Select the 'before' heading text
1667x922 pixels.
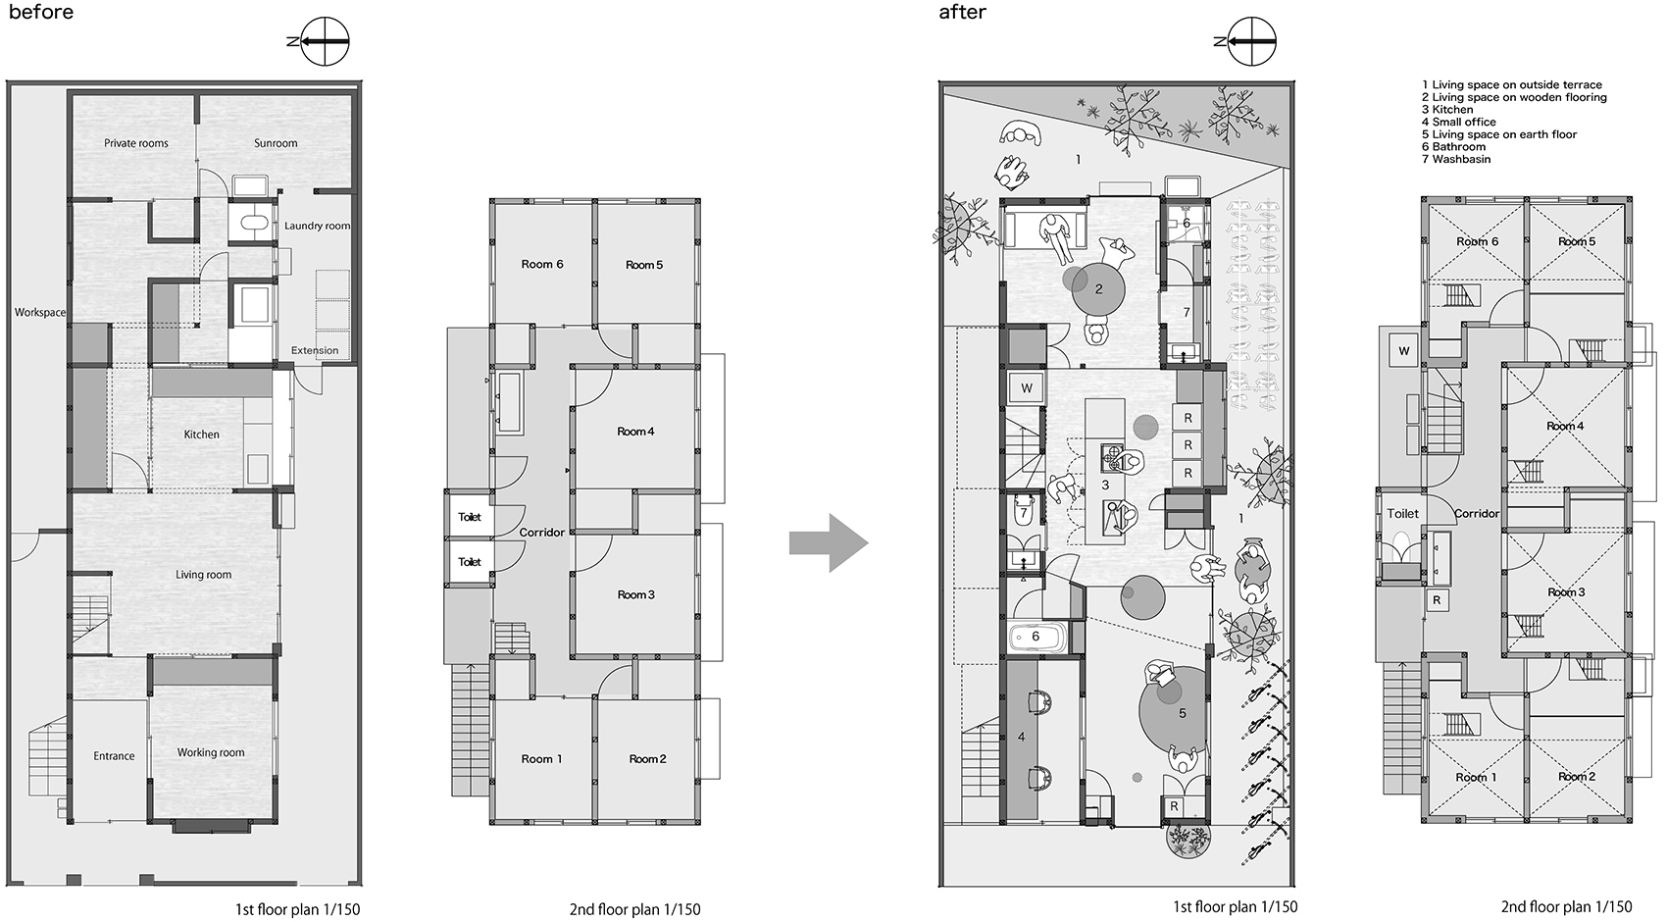41,13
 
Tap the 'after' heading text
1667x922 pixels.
962,13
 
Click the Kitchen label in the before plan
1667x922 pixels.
201,435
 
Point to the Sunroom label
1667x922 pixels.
276,143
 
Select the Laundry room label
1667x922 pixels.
317,226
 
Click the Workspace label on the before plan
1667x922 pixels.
40,313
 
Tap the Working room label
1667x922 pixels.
211,753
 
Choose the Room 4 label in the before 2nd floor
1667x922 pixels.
635,432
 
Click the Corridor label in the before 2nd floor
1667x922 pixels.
541,533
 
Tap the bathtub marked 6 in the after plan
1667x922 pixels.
1036,638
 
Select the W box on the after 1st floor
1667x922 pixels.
1027,388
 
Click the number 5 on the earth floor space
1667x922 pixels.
1183,713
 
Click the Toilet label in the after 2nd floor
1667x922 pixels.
1402,514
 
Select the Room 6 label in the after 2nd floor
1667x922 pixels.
1477,242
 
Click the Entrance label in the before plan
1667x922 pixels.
114,756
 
